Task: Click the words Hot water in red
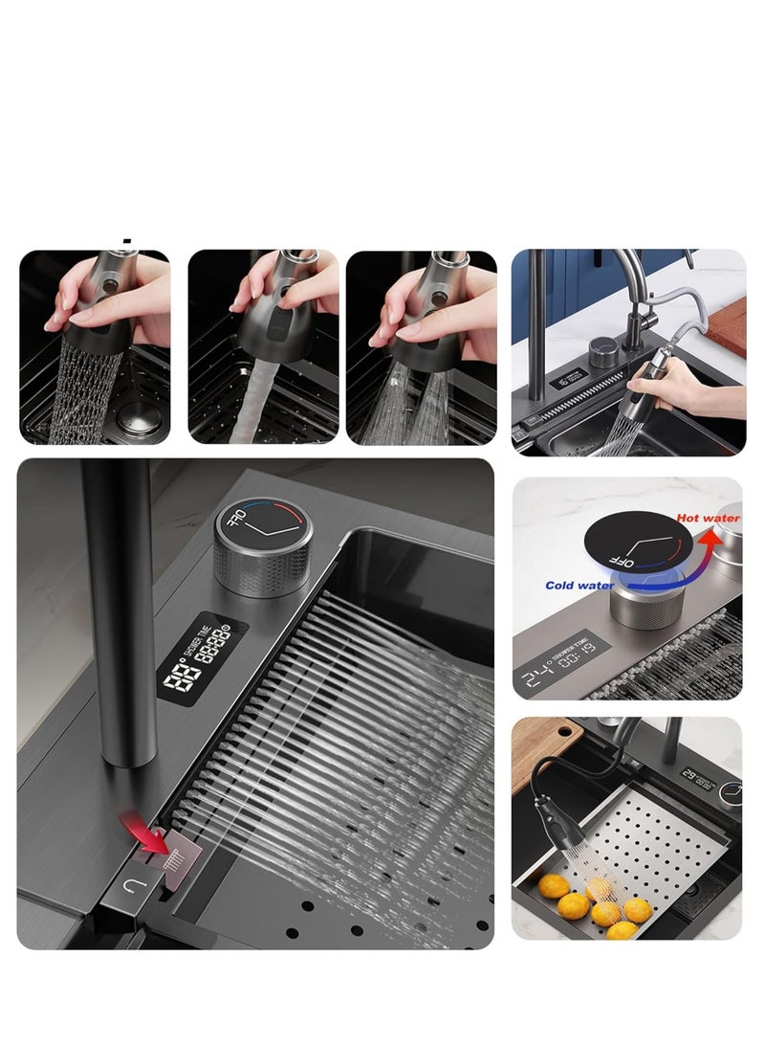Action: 708,518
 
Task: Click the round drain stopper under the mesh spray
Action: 140,421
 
